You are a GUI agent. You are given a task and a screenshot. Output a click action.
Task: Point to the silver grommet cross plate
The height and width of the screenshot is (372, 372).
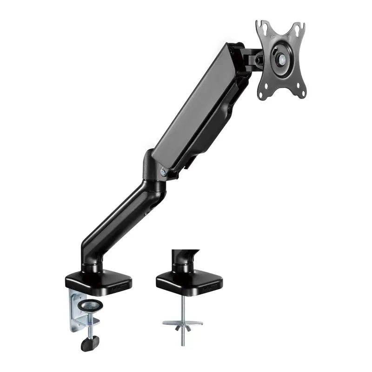[182, 322]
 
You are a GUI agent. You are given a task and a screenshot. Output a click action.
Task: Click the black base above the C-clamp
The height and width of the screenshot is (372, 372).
[97, 281]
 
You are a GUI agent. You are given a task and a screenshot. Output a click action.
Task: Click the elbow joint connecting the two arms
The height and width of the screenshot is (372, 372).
[156, 174]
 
